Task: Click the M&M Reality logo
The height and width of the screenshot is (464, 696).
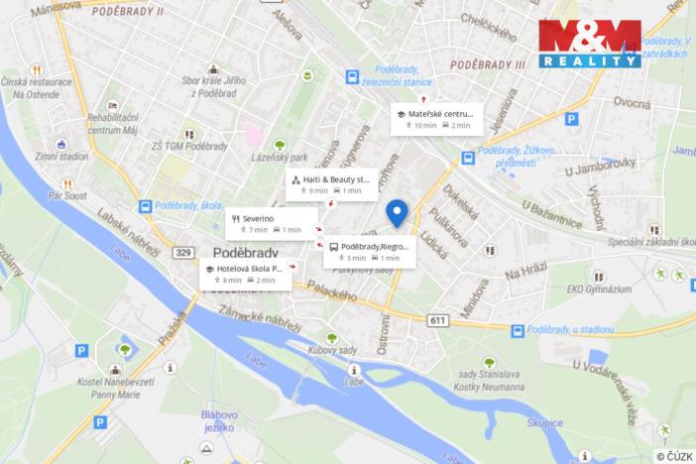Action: (x=589, y=43)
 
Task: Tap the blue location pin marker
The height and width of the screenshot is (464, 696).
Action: (x=397, y=213)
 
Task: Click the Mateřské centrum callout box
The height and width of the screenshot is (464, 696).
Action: (x=436, y=119)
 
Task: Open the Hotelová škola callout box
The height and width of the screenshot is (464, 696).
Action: (x=245, y=274)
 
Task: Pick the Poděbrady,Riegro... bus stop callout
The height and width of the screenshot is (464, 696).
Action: (x=369, y=251)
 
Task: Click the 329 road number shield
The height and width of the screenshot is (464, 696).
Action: (x=182, y=253)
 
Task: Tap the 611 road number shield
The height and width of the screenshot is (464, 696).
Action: (x=438, y=320)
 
